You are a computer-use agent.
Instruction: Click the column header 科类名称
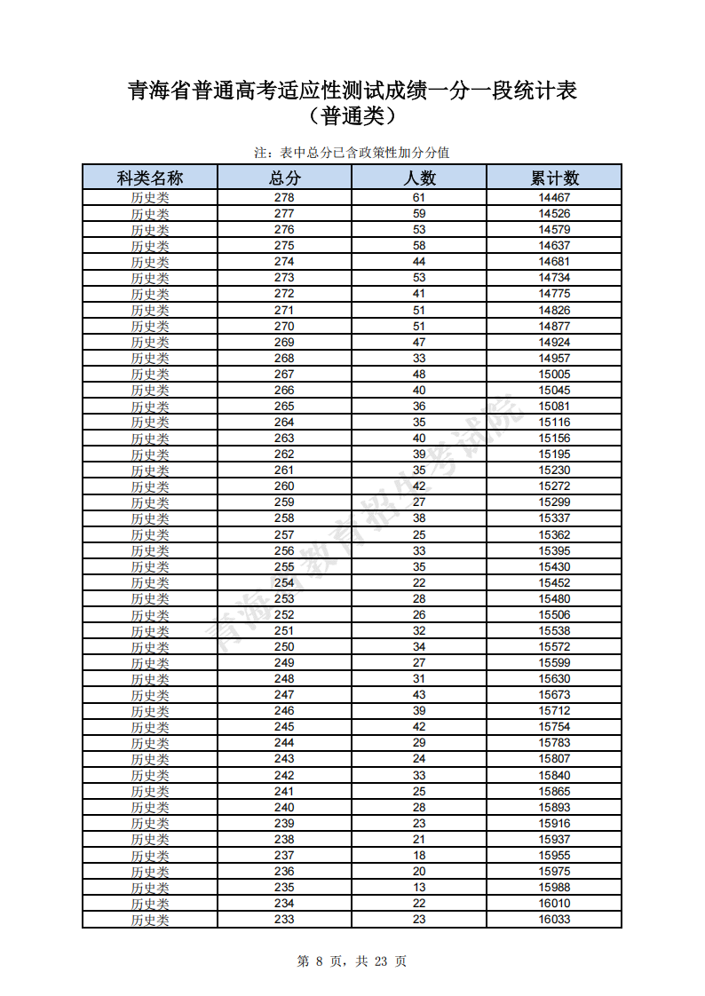[150, 178]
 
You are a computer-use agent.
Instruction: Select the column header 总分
[284, 178]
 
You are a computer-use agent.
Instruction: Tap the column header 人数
[419, 178]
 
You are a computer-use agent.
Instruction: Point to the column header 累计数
[554, 178]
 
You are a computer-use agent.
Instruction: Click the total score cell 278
[284, 198]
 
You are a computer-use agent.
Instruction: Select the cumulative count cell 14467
[554, 198]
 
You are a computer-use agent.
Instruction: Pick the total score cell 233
[284, 920]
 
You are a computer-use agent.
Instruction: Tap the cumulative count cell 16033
[554, 920]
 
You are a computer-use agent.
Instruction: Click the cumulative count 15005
[554, 375]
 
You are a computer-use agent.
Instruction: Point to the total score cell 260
[284, 486]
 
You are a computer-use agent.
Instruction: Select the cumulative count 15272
[554, 486]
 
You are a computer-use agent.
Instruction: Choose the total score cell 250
[284, 647]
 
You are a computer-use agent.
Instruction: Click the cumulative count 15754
[554, 727]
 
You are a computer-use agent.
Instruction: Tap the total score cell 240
[284, 807]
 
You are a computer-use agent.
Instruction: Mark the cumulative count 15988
[554, 888]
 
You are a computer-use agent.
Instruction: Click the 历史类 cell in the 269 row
[150, 343]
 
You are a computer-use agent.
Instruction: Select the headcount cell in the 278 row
[419, 198]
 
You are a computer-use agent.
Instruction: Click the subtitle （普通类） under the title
[352, 116]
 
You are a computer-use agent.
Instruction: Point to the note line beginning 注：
[352, 153]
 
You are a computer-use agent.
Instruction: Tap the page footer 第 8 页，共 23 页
[352, 961]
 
